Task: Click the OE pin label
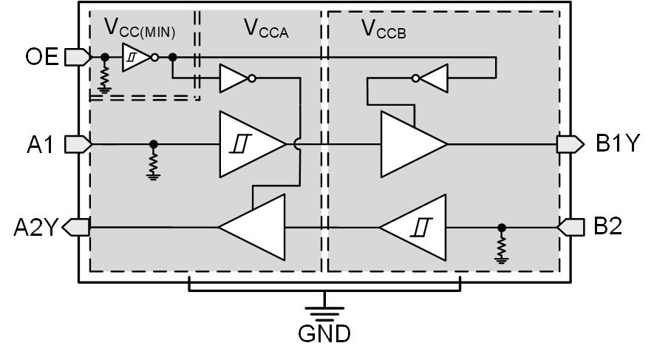coord(41,56)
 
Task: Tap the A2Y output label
coord(34,228)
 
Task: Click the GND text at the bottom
coord(324,335)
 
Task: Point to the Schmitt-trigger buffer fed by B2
coord(415,228)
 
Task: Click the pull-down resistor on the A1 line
coord(153,162)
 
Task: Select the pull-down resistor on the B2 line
coord(501,245)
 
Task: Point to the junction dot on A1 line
coord(153,144)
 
